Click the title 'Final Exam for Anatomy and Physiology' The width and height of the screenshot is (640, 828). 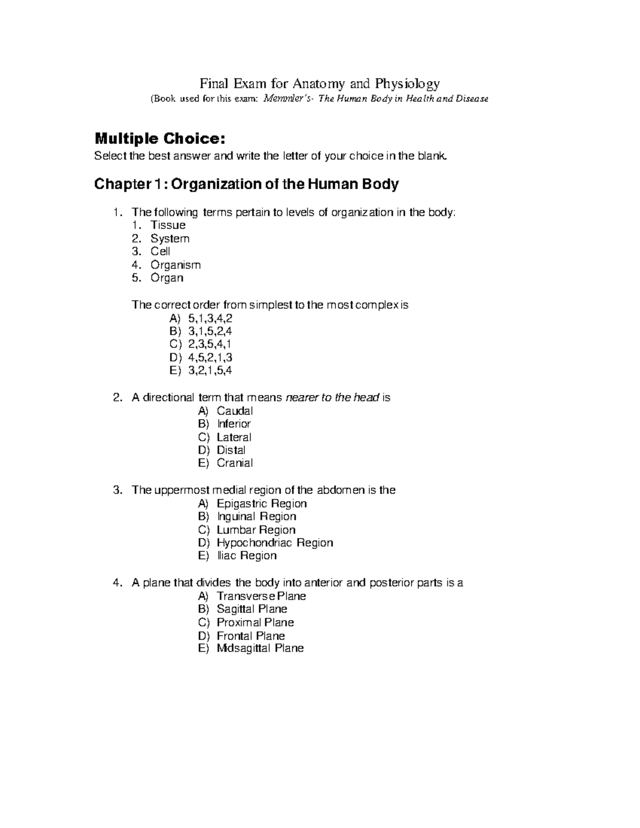[x=319, y=84]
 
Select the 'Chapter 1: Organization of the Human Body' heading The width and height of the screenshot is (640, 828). [x=246, y=184]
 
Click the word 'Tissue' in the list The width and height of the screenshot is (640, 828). [x=167, y=225]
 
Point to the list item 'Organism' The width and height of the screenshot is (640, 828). [x=175, y=265]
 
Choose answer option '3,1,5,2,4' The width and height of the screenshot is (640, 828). [x=210, y=332]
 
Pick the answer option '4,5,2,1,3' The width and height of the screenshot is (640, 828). [x=210, y=357]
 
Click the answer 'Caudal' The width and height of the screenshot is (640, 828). [x=235, y=411]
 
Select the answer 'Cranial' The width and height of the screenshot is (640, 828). [x=235, y=463]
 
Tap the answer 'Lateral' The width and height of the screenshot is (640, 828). [x=234, y=437]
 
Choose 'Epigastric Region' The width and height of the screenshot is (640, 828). [x=261, y=504]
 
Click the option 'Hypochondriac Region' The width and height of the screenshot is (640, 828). [x=275, y=543]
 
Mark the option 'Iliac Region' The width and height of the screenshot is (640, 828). [x=246, y=556]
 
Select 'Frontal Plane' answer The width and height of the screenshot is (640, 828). [x=251, y=636]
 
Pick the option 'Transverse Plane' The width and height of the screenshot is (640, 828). [x=261, y=596]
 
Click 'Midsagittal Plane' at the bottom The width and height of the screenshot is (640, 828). [x=260, y=648]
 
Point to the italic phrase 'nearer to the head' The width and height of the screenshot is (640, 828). [x=333, y=398]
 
